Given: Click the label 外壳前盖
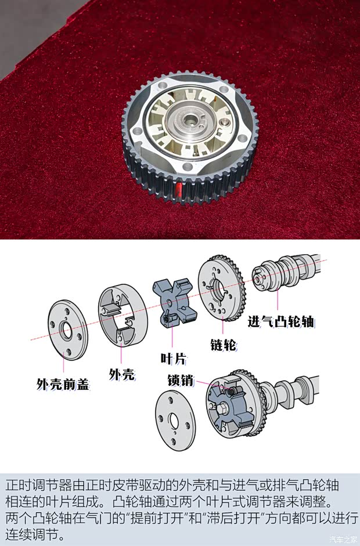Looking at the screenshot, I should tap(63, 384).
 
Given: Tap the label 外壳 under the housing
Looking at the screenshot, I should tap(121, 374).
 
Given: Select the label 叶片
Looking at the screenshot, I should tap(174, 359).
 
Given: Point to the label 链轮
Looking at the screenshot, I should tap(223, 345).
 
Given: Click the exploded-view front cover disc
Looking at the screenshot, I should tap(64, 328).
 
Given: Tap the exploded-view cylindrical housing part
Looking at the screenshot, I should tap(122, 313).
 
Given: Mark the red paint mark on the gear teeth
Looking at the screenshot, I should tap(180, 190).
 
